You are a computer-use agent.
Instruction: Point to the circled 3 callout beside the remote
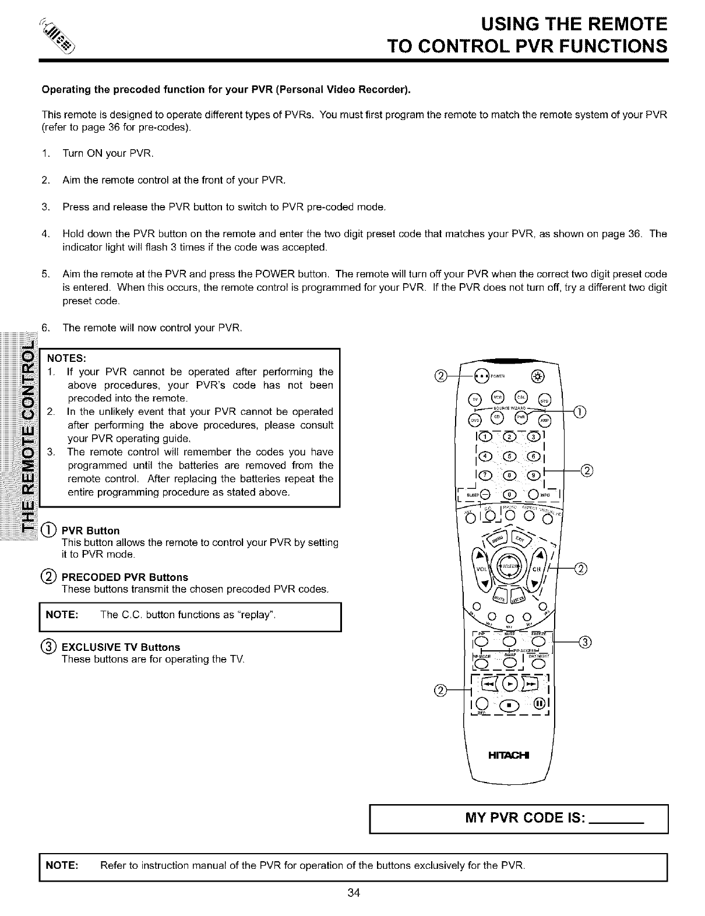pos(586,642)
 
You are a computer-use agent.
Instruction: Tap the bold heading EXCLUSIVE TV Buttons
pos(121,647)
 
